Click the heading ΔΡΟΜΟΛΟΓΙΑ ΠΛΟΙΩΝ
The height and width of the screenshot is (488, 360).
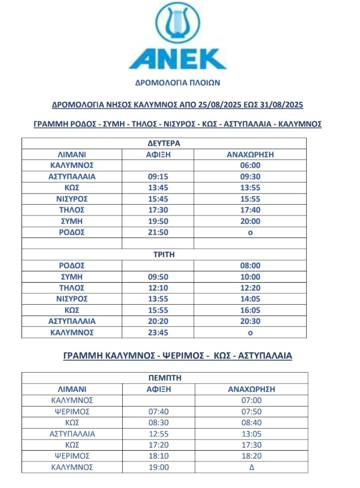pyautogui.click(x=177, y=82)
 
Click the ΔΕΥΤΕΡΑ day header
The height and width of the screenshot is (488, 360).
pyautogui.click(x=164, y=143)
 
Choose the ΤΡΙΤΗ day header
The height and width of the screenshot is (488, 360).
pyautogui.click(x=164, y=254)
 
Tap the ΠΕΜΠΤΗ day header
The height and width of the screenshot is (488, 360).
pyautogui.click(x=164, y=377)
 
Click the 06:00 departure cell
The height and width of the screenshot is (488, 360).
pyautogui.click(x=250, y=165)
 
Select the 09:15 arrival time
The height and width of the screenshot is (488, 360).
pyautogui.click(x=157, y=176)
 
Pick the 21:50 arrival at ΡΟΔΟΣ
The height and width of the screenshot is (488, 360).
pyautogui.click(x=157, y=232)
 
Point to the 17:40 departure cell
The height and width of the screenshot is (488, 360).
pyautogui.click(x=250, y=210)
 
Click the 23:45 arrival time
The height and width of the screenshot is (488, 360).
pyautogui.click(x=157, y=332)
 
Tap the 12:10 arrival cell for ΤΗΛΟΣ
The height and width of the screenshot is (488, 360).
pyautogui.click(x=157, y=288)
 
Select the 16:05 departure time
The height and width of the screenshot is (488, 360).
pyautogui.click(x=250, y=310)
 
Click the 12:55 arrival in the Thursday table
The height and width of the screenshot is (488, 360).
pyautogui.click(x=157, y=434)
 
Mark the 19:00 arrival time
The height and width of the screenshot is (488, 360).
pyautogui.click(x=157, y=468)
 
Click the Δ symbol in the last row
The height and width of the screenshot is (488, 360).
pyautogui.click(x=250, y=468)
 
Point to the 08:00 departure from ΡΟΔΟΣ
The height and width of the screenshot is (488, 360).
pyautogui.click(x=250, y=265)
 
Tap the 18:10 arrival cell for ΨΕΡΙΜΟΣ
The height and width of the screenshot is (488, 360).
pyautogui.click(x=157, y=456)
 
